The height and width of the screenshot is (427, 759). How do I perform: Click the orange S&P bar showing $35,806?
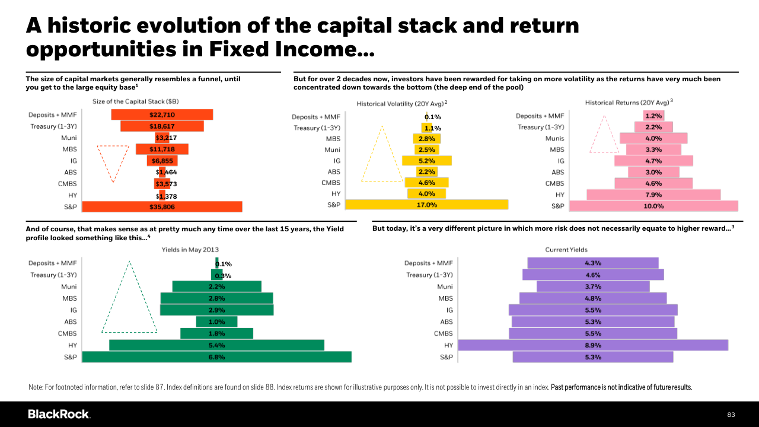click(x=162, y=207)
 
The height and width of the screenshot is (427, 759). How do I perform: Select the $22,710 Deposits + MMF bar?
click(x=162, y=114)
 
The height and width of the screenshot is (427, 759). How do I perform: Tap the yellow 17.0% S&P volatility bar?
click(x=426, y=205)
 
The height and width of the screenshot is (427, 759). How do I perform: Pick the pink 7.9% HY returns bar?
click(x=653, y=195)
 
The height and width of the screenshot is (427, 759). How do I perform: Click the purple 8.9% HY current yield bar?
click(x=593, y=345)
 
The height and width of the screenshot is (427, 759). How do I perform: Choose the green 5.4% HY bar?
click(x=216, y=345)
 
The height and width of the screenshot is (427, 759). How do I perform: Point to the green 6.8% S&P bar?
click(x=217, y=357)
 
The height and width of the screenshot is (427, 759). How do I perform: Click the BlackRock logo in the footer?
click(x=59, y=414)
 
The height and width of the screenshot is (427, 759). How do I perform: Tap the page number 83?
click(x=731, y=415)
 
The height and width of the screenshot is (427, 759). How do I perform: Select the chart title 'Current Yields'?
click(x=566, y=250)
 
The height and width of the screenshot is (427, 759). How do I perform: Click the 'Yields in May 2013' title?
click(x=190, y=250)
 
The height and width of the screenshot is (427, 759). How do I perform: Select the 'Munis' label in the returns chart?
click(x=554, y=138)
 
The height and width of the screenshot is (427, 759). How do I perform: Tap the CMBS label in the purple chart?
click(x=443, y=333)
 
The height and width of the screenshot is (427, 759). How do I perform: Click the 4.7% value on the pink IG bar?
click(x=653, y=161)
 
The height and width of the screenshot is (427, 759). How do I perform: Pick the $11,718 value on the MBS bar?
click(x=162, y=149)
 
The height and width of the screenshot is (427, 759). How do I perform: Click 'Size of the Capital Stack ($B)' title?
click(x=136, y=101)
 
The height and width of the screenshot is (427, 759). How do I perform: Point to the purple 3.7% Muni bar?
click(x=593, y=286)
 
